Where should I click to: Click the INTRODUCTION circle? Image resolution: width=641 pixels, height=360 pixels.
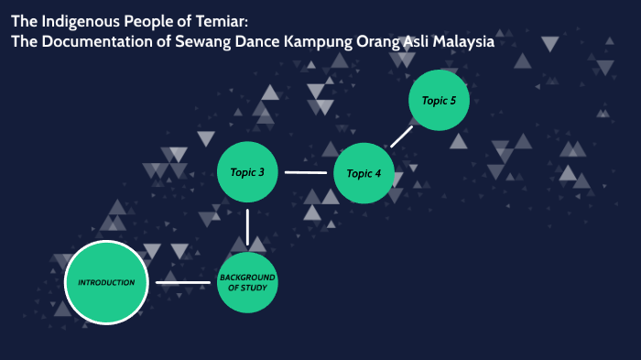click(106, 282)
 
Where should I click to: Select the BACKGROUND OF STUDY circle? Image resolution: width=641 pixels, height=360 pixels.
click(247, 282)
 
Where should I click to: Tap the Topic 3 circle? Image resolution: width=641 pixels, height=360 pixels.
click(247, 172)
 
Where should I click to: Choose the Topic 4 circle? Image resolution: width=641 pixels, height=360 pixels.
click(364, 173)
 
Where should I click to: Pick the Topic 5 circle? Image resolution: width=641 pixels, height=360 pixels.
click(440, 101)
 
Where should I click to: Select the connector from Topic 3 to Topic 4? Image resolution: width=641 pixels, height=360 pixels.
click(306, 172)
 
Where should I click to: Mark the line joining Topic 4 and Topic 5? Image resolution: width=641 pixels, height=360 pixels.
click(401, 136)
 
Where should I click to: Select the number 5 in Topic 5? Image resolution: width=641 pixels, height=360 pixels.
click(452, 101)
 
